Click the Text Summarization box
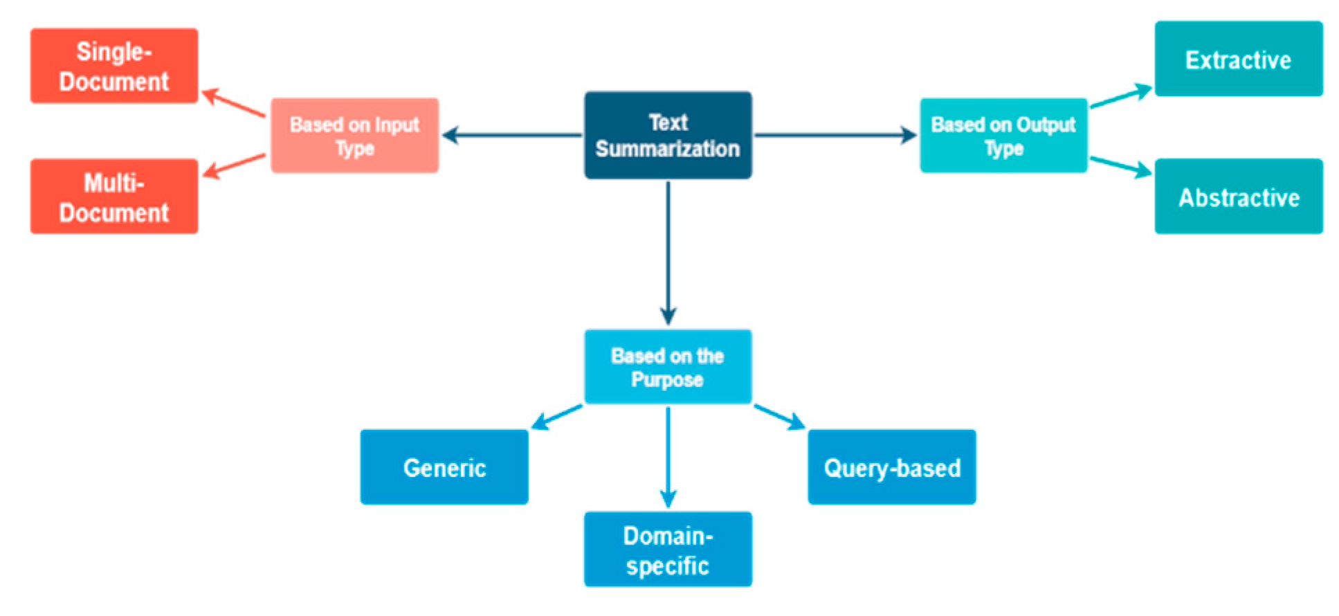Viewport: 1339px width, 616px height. pos(668,135)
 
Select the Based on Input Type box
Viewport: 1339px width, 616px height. pos(354,135)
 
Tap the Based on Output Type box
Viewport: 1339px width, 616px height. pos(1003,135)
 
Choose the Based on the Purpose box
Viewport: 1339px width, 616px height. pos(668,367)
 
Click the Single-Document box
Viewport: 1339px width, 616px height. pos(114,66)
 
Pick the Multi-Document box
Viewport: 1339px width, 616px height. pos(114,197)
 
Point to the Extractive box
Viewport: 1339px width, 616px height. pos(1239,59)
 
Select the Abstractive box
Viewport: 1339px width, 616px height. pos(1239,197)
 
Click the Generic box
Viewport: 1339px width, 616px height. pos(444,467)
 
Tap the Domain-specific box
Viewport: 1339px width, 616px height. pos(668,550)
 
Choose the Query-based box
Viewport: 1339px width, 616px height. pos(892,467)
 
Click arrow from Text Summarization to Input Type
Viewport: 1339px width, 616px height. pos(512,135)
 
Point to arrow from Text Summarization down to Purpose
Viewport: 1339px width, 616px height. pos(668,253)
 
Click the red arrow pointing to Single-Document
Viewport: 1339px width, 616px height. pos(234,102)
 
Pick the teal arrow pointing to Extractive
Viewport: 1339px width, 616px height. pos(1121,97)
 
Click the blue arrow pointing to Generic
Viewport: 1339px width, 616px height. pos(557,417)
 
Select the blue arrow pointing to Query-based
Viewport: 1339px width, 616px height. pos(779,417)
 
